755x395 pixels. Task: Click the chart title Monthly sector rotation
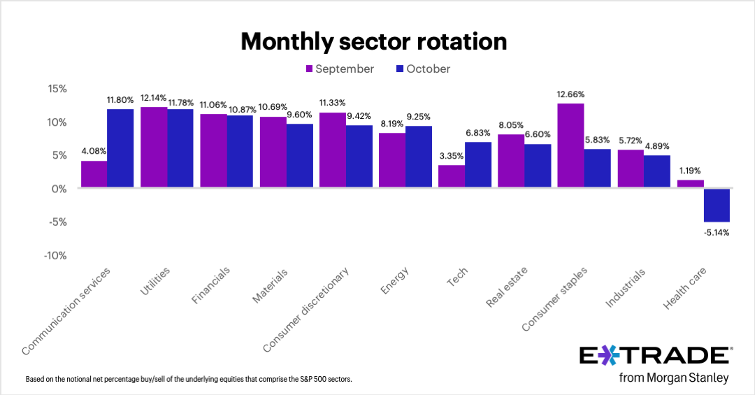point(373,41)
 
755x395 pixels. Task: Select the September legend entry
point(340,69)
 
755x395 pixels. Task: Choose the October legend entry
point(424,69)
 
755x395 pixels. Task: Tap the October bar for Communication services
point(120,148)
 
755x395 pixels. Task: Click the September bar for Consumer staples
point(570,145)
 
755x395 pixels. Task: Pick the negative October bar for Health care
point(717,205)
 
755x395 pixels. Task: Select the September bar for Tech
point(452,176)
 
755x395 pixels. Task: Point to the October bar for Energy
point(419,157)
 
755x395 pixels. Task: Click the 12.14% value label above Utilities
point(154,98)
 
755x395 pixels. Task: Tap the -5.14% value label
point(717,232)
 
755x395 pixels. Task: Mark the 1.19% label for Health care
point(690,171)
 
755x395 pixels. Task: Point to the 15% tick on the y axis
point(57,89)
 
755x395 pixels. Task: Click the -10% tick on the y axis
point(56,255)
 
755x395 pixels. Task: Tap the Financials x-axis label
point(210,285)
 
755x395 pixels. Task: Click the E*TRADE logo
point(656,355)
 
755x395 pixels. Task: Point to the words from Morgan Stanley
point(674,378)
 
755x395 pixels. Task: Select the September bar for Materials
point(273,152)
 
